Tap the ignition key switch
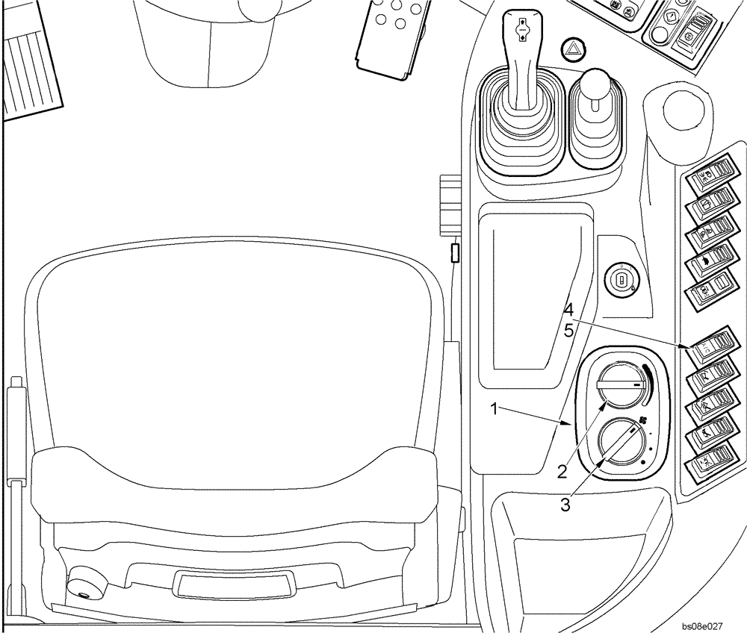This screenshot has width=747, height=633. (622, 280)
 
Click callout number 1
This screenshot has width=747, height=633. (494, 408)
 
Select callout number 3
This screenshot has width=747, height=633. (565, 505)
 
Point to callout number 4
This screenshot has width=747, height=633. (568, 308)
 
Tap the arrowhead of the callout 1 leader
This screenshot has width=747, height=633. (571, 424)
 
